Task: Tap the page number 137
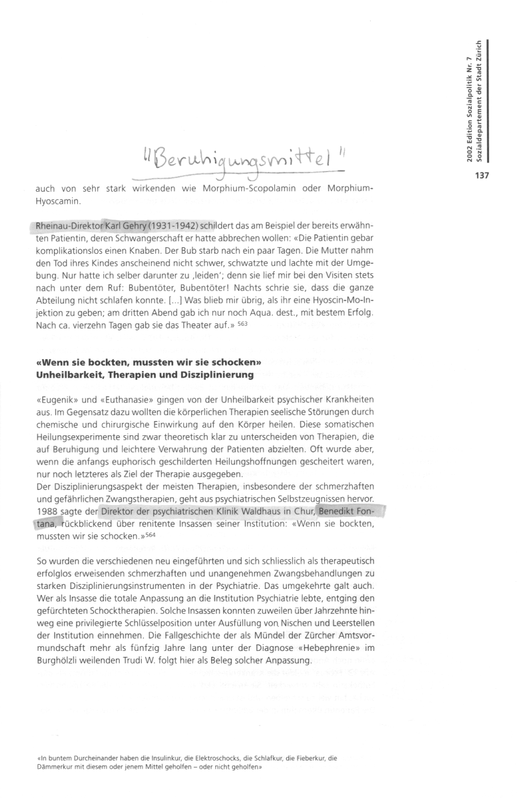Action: point(481,175)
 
